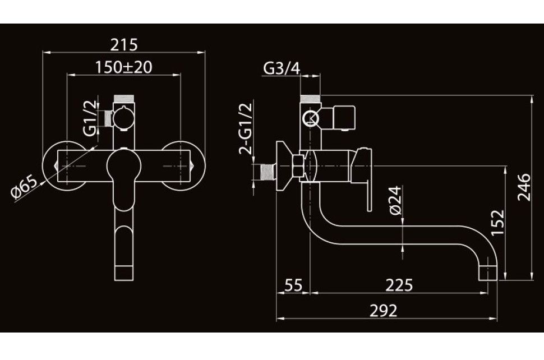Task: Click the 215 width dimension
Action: coord(124,45)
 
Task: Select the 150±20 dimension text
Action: coord(124,67)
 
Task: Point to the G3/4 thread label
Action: coord(282,68)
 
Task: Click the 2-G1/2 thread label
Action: coord(246,128)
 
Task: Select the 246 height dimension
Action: coord(524,187)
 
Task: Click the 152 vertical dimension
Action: coord(497,222)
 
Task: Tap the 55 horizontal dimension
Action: coord(293,285)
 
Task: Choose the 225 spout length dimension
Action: coord(399,285)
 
